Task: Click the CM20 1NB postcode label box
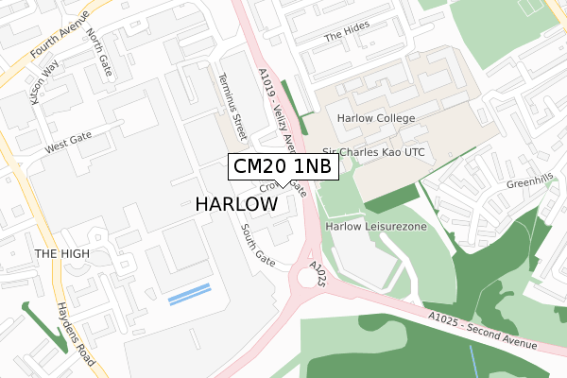pyautogui.click(x=282, y=167)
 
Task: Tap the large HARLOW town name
pyautogui.click(x=236, y=204)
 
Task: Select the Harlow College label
pyautogui.click(x=376, y=118)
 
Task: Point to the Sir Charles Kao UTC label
pyautogui.click(x=375, y=151)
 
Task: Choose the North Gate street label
pyautogui.click(x=97, y=50)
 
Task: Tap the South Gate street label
pyautogui.click(x=256, y=245)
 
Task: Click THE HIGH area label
pyautogui.click(x=61, y=254)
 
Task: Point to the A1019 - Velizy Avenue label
pyautogui.click(x=276, y=104)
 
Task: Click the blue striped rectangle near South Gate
pyautogui.click(x=189, y=294)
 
